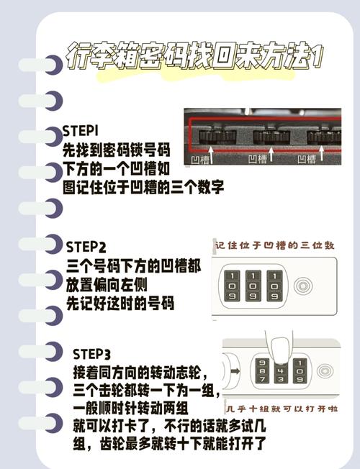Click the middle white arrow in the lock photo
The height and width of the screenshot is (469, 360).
[271, 151]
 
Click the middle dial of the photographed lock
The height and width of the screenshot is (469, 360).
[271, 136]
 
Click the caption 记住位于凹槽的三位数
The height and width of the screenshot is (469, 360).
[274, 246]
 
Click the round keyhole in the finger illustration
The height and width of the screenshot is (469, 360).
[323, 371]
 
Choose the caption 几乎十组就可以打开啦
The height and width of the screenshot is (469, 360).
[279, 407]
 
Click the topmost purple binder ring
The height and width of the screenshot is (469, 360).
[50, 65]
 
